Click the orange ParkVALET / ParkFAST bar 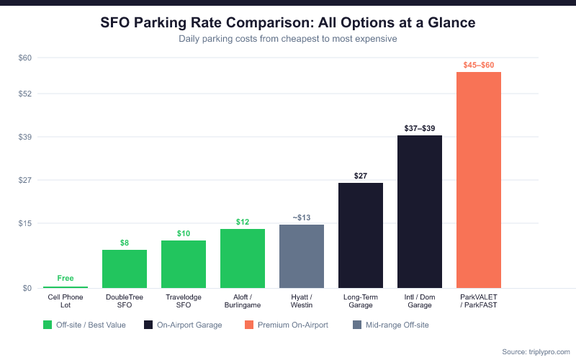coord(479,180)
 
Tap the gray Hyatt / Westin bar coord(302,256)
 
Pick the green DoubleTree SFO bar coord(125,269)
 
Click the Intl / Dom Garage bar coord(420,212)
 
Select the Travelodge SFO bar coord(184,264)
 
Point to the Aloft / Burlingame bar coord(243,258)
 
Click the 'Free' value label coord(66,278)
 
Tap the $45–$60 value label coord(479,65)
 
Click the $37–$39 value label coord(420,128)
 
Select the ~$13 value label coord(302,217)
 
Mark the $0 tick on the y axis coord(27,288)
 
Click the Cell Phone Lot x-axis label coord(66,301)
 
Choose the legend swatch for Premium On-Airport coord(250,325)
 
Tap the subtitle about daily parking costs coord(288,39)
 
